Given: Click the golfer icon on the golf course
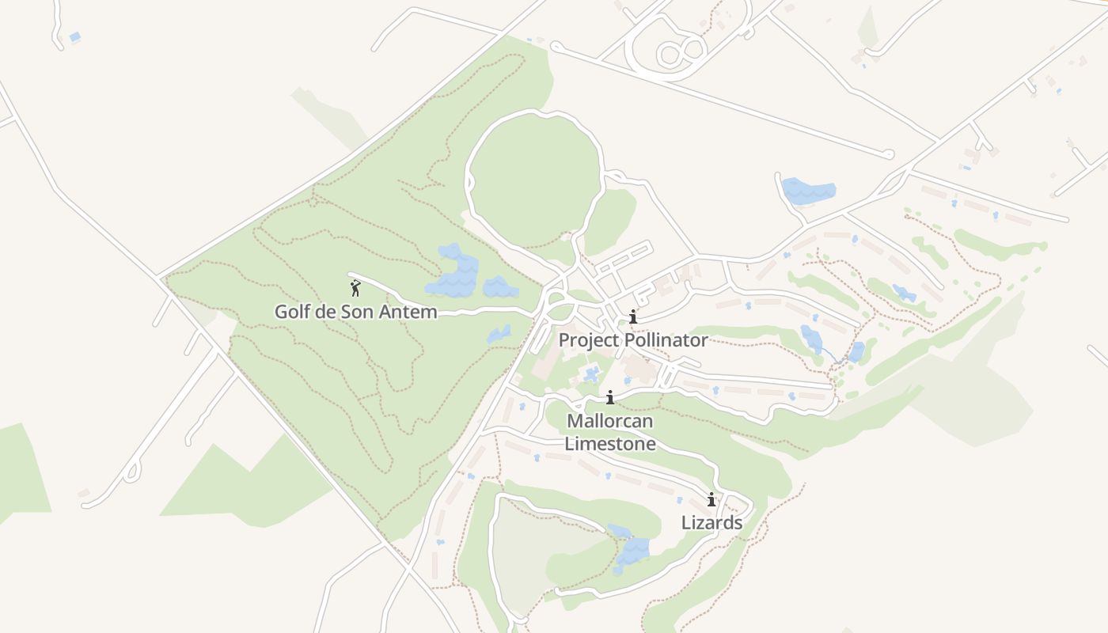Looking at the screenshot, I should click(x=355, y=288).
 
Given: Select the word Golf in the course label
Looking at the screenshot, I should click(x=291, y=312).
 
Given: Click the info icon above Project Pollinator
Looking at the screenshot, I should click(x=632, y=317).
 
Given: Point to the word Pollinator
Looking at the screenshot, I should click(x=666, y=340).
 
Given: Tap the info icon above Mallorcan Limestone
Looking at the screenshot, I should click(x=610, y=397).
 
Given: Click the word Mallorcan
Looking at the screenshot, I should click(x=610, y=420).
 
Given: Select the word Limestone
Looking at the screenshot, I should click(x=610, y=443).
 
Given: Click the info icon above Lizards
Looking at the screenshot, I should click(x=711, y=499).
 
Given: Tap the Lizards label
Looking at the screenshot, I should click(x=711, y=522).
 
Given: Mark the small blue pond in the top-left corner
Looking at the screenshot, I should click(x=75, y=36).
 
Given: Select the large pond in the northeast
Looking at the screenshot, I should click(x=808, y=191).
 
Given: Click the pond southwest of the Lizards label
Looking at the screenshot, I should click(x=631, y=548).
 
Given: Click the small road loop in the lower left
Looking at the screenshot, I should click(x=131, y=473).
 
